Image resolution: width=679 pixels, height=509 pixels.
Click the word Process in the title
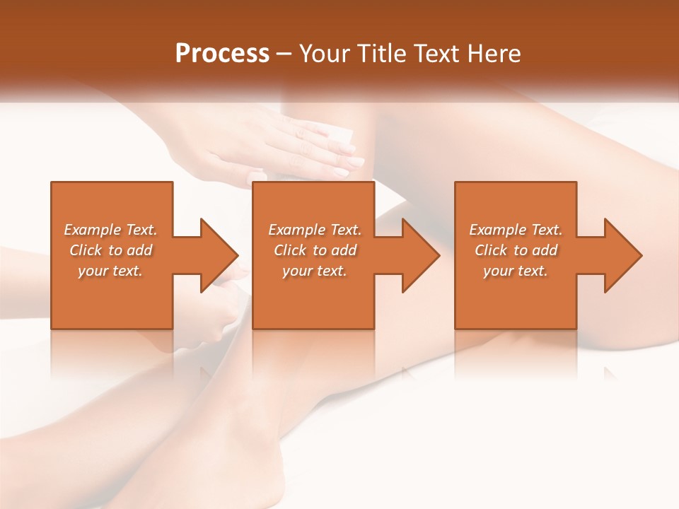pos(222,54)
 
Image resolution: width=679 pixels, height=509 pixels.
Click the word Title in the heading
pos(379,54)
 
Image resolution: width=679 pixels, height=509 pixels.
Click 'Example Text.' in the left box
pos(110,230)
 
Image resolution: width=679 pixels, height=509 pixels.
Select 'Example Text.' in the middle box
pos(314,230)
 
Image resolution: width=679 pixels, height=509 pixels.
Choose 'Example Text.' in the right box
pos(516,230)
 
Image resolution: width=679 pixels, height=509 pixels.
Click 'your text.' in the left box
pos(110,271)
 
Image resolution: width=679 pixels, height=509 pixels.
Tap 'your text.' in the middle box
pos(314,271)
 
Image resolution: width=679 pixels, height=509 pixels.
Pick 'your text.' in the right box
pos(516,271)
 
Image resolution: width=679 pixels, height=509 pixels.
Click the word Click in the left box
pos(86,250)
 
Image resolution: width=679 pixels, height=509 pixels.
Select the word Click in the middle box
pos(290,250)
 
